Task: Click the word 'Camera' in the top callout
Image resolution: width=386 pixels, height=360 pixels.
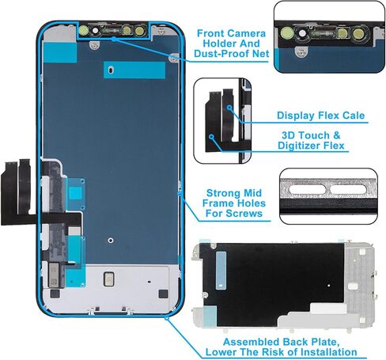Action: tap(248, 34)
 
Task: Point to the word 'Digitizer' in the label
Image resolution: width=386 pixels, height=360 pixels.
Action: tap(300, 146)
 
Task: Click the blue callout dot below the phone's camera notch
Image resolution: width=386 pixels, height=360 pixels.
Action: tap(114, 39)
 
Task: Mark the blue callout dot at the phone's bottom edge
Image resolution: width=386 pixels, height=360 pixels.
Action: tap(167, 318)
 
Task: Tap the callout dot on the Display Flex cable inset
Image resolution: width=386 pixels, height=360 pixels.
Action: tap(229, 108)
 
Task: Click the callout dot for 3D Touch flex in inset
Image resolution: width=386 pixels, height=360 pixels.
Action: tap(211, 137)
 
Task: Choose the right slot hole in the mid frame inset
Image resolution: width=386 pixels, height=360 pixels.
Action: tap(348, 189)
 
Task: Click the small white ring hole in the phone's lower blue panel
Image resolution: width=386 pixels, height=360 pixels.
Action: tap(111, 241)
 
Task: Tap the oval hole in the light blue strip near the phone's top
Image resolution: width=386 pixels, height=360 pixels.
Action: tap(112, 70)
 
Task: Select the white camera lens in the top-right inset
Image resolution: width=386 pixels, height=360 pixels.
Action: tap(303, 33)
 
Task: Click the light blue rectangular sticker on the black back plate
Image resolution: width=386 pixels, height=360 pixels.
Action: tap(221, 271)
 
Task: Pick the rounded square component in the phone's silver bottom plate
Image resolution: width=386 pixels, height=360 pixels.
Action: tap(108, 279)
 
